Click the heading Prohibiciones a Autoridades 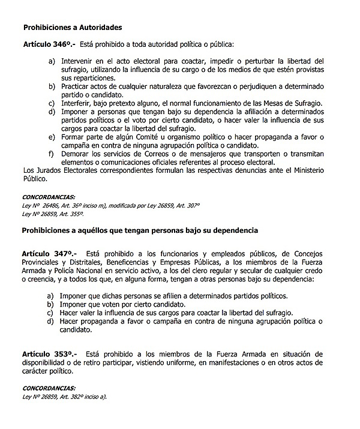pyautogui.click(x=72, y=28)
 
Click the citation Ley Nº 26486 pyautogui.click(x=44, y=205)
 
